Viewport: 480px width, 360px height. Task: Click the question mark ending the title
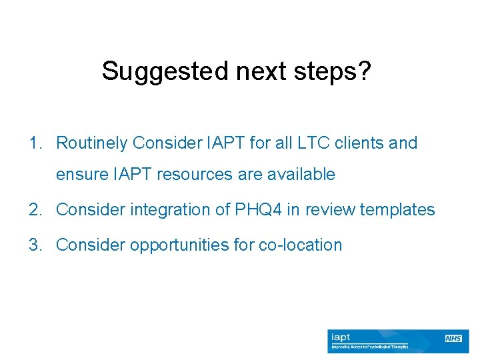click(364, 71)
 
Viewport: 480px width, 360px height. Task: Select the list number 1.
click(33, 143)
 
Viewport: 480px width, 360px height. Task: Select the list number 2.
click(33, 210)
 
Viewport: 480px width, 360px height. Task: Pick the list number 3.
click(33, 245)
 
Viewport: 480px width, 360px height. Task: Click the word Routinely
click(91, 143)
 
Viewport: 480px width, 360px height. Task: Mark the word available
click(301, 175)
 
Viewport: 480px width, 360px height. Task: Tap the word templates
click(397, 210)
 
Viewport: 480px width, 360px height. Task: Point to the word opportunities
click(170, 245)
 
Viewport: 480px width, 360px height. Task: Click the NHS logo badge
click(454, 339)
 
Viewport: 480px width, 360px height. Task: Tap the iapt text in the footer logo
click(341, 337)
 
